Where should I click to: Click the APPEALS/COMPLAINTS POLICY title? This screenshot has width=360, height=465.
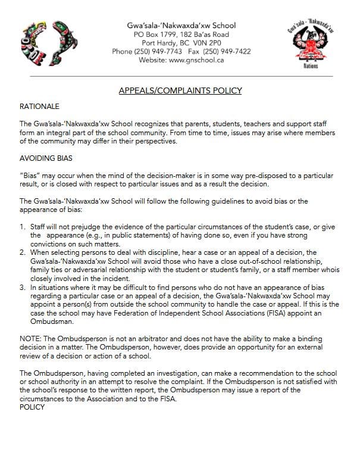point(180,90)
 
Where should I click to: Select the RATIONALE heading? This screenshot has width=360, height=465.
point(39,107)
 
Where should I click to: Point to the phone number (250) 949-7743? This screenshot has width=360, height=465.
point(156,52)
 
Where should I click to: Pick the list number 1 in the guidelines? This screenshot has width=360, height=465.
point(22,227)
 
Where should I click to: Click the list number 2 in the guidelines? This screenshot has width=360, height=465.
point(22,252)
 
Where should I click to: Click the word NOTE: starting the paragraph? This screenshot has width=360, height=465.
point(30,338)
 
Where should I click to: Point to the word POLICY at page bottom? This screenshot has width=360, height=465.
point(32,407)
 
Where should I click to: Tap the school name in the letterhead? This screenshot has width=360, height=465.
point(181,26)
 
